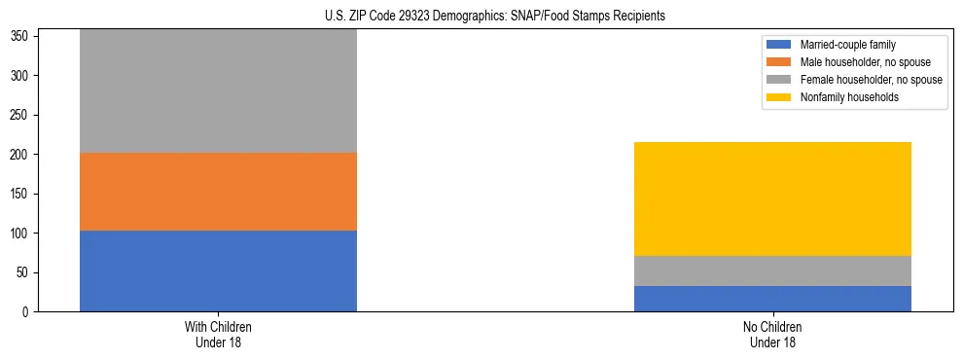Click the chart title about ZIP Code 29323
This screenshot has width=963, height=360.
[x=495, y=17]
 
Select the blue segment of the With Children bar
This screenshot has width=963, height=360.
[x=218, y=270]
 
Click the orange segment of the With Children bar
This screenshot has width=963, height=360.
[x=218, y=192]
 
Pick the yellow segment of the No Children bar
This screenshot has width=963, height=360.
[x=772, y=198]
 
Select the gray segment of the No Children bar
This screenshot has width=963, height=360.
[x=772, y=270]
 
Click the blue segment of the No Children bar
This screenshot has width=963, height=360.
[x=772, y=299]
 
